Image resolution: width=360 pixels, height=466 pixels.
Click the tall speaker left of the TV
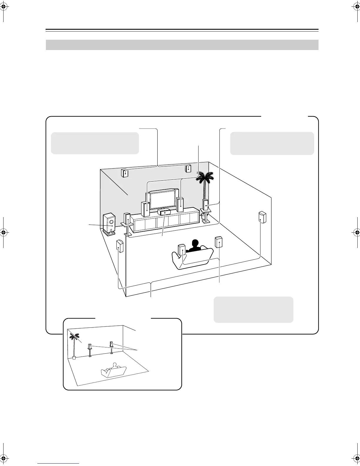pyautogui.click(x=145, y=209)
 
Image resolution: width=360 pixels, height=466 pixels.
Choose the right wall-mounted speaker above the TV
pyautogui.click(x=188, y=169)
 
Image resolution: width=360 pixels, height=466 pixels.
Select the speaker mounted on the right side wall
pyautogui.click(x=262, y=217)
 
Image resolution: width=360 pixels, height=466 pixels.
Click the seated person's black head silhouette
pyautogui.click(x=194, y=244)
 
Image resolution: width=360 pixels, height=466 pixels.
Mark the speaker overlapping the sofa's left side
pyautogui.click(x=182, y=250)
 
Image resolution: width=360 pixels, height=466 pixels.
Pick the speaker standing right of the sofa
pyautogui.click(x=219, y=242)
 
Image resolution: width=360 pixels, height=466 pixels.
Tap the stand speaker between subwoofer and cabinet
pyautogui.click(x=127, y=219)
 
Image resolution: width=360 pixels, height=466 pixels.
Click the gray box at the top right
pyautogui.click(x=272, y=143)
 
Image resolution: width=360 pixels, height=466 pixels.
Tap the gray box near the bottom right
pyautogui.click(x=253, y=309)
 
